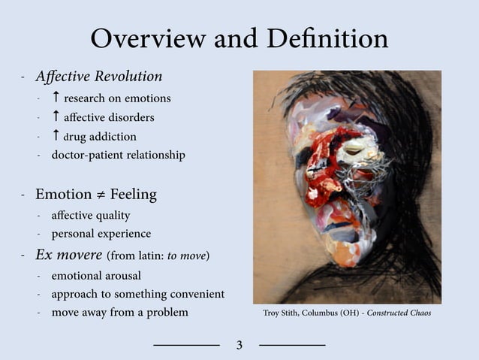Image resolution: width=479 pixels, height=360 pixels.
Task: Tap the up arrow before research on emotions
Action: pyautogui.click(x=56, y=98)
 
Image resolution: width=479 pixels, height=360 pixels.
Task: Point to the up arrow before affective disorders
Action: pyautogui.click(x=56, y=117)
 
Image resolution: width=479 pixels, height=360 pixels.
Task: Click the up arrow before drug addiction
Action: pyautogui.click(x=56, y=136)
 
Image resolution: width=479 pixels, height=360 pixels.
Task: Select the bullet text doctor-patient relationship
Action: pyautogui.click(x=118, y=156)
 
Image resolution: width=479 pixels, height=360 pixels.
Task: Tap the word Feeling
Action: pyautogui.click(x=133, y=195)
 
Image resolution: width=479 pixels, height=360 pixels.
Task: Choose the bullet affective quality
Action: pyautogui.click(x=90, y=216)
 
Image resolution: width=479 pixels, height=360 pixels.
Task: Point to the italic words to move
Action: pyautogui.click(x=186, y=256)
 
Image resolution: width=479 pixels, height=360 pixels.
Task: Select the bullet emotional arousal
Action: pyautogui.click(x=96, y=275)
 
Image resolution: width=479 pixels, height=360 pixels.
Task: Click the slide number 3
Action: pyautogui.click(x=239, y=346)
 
